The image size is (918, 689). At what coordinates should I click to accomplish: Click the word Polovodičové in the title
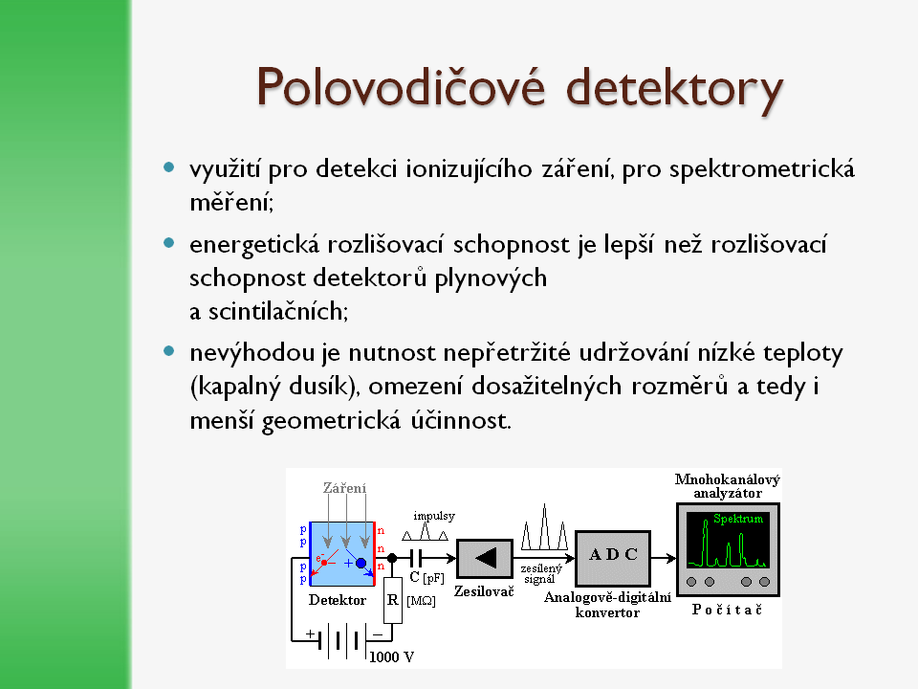click(401, 87)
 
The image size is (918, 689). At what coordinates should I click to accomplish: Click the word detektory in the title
click(674, 90)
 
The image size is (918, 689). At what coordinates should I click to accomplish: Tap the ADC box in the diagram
click(613, 558)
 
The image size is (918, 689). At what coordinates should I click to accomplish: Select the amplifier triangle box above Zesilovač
click(484, 559)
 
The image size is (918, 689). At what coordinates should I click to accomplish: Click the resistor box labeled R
click(393, 600)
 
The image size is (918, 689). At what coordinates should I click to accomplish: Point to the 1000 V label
click(392, 656)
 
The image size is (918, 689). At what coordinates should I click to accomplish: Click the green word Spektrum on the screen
click(738, 519)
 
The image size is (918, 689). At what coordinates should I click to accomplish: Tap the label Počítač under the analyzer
click(727, 610)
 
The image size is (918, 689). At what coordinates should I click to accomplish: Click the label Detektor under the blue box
click(338, 600)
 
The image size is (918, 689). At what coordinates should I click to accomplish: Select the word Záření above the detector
click(345, 487)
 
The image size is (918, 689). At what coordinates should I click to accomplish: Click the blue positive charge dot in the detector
click(361, 563)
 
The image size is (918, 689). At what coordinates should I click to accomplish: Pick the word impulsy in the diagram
click(434, 516)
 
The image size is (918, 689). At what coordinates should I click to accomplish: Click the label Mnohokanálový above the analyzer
click(728, 479)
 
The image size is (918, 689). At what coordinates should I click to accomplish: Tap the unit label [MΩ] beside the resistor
click(421, 601)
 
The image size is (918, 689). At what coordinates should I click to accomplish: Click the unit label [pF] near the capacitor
click(433, 578)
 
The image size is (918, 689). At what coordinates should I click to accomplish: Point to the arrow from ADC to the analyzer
click(664, 558)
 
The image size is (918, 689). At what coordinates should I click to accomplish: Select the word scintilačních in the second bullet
click(278, 311)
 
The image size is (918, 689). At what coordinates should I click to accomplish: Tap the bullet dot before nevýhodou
click(169, 351)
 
